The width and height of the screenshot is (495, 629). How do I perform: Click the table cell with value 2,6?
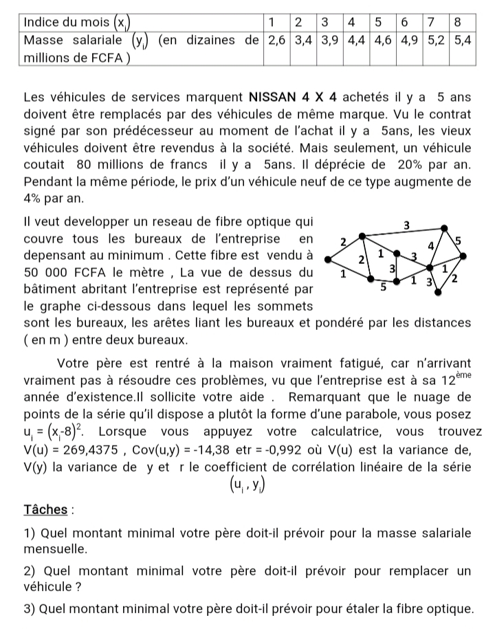[x=276, y=39]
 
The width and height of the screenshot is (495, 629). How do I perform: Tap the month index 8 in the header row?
[x=458, y=21]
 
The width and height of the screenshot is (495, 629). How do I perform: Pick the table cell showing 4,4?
[x=355, y=39]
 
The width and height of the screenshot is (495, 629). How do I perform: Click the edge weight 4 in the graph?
[x=431, y=245]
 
